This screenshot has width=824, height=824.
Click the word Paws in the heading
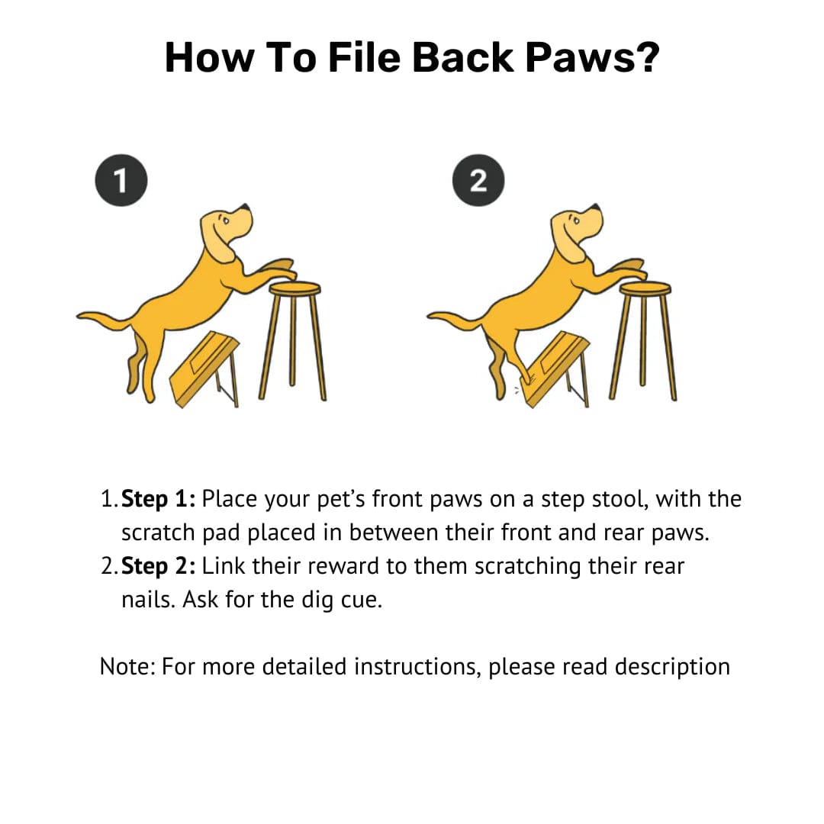point(592,57)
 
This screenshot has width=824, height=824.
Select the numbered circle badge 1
point(121,180)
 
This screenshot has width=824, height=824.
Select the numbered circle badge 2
point(478,180)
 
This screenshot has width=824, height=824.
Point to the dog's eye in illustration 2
point(577,220)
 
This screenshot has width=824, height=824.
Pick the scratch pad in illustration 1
point(205,368)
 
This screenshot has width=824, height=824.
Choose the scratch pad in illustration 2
point(556,368)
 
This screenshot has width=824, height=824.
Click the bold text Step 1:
point(158,499)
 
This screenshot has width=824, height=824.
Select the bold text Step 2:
point(158,566)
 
